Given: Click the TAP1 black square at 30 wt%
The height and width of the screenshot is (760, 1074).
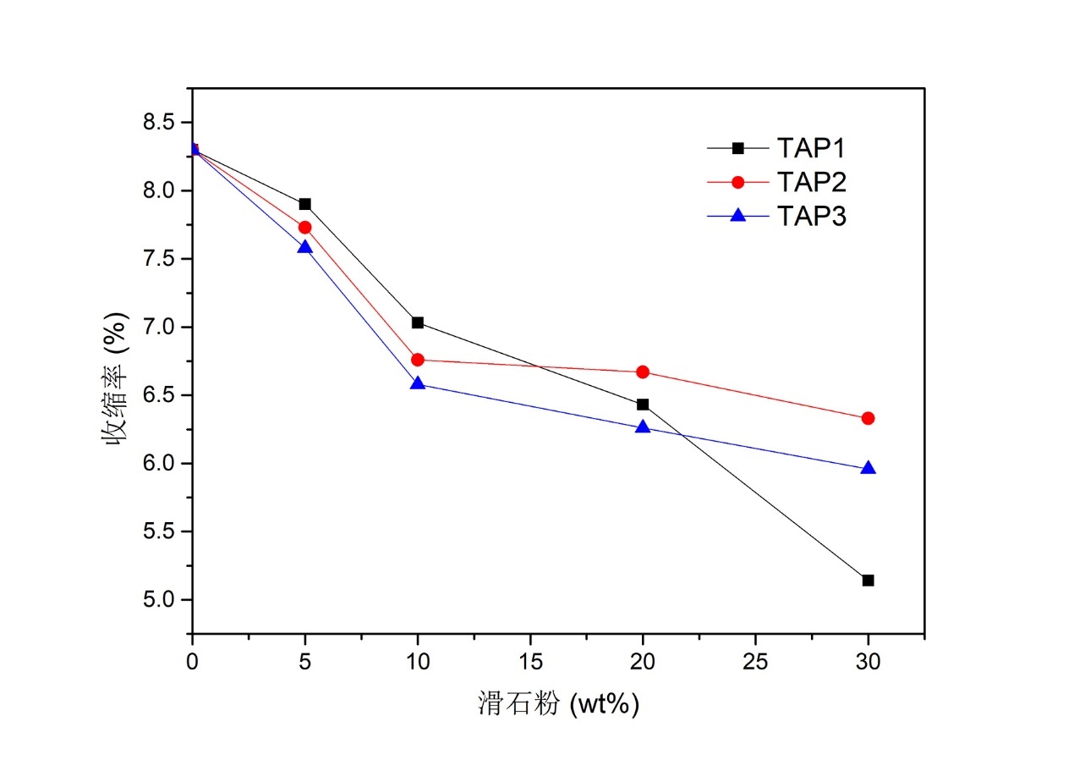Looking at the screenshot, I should pos(868,581).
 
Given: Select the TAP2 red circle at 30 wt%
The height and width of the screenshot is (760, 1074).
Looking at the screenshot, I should pos(868,418).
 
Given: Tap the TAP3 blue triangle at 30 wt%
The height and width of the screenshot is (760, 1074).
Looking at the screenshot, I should pos(868,468).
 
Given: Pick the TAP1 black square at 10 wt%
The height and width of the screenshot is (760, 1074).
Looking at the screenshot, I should pos(417,322).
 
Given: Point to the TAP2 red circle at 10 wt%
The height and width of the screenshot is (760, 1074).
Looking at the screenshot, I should pos(417,360).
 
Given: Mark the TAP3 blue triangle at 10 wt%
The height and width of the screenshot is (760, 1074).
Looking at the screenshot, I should pos(417,383).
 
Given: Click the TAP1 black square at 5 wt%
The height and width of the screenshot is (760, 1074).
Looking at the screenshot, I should pos(304,204).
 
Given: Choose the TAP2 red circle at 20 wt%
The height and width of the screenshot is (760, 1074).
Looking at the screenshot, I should pos(643,372).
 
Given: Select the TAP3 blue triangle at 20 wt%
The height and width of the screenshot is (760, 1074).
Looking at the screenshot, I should pos(643,427).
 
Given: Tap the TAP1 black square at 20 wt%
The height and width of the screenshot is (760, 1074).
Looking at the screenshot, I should pos(643,405).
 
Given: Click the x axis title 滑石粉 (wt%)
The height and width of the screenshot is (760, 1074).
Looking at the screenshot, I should pos(558,703).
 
